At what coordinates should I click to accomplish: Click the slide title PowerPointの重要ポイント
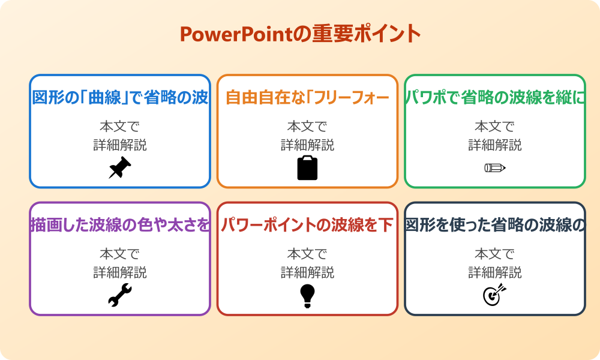coord(300,34)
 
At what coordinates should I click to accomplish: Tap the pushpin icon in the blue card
coord(120,167)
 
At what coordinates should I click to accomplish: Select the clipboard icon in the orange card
coord(307,168)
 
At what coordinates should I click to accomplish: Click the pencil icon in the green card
coord(495,167)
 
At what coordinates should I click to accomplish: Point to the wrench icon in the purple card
coord(120,295)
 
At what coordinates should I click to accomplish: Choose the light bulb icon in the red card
coord(307,295)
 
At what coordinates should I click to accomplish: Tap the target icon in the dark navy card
coord(495,295)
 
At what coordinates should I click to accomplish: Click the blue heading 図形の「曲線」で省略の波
coord(120,98)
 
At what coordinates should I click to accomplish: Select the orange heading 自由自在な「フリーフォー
coord(307,98)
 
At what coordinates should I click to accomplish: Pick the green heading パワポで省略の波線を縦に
coord(495,98)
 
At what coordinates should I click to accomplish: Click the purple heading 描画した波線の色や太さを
coord(120,226)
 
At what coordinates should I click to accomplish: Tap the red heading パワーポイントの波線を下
coord(307,226)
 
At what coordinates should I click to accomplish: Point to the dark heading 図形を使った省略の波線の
coord(495,226)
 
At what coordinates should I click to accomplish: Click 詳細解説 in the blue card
coord(120,145)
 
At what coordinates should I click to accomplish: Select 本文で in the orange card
coord(307,127)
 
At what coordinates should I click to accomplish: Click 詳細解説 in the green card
coord(495,145)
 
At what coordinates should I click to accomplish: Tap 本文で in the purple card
coord(120,254)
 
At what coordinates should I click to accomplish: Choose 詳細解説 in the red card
coord(307,272)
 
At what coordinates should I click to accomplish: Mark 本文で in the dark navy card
coord(495,254)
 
